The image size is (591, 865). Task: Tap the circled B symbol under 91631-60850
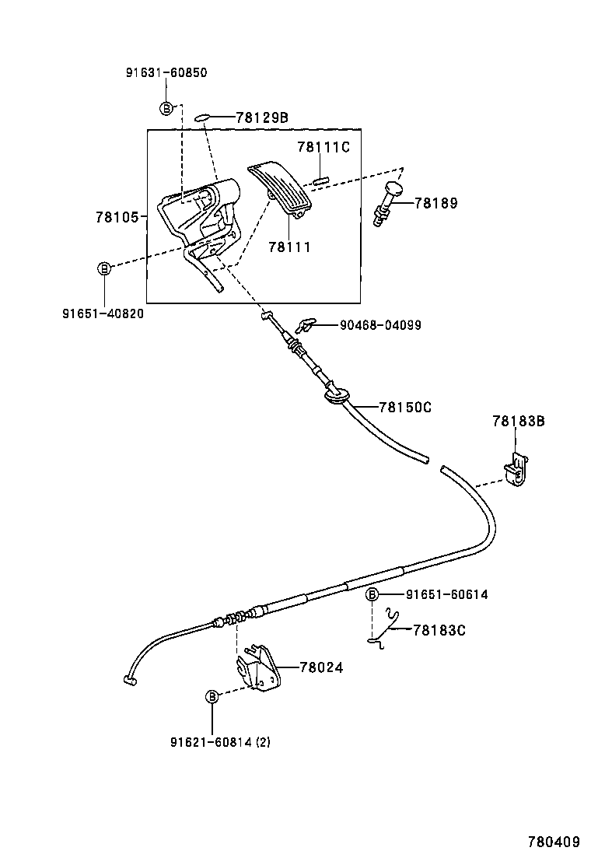(166, 108)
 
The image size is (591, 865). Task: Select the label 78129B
(262, 117)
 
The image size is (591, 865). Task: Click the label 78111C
(324, 148)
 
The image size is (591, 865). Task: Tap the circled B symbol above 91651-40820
(103, 268)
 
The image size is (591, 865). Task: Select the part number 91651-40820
(103, 313)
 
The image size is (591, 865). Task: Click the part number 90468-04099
(380, 325)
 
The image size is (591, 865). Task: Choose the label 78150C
(405, 407)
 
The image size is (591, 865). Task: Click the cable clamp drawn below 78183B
(516, 470)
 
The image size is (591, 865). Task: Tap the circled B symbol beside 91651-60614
(372, 595)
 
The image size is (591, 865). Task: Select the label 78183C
(439, 630)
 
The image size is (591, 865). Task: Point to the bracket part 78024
(257, 668)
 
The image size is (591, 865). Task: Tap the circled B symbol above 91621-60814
(211, 697)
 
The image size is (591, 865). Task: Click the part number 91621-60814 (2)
(220, 742)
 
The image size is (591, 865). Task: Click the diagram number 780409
(554, 842)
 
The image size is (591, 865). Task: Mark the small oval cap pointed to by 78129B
(202, 117)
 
